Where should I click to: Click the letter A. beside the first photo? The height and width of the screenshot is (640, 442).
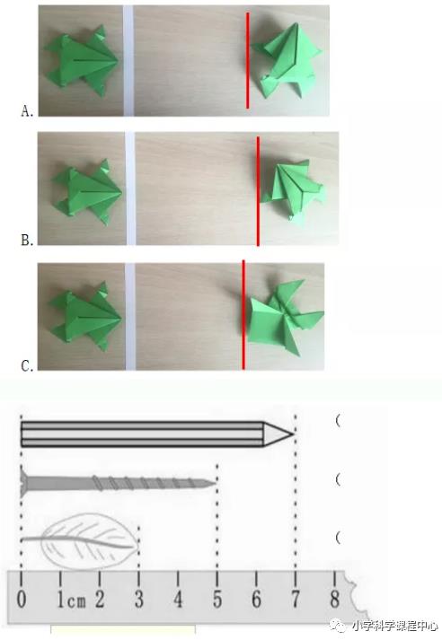(x=27, y=111)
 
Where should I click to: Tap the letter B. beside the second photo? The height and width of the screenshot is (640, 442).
(x=27, y=240)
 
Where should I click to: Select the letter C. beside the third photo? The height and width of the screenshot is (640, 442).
(x=27, y=365)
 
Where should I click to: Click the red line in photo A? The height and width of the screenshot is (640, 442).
(x=248, y=60)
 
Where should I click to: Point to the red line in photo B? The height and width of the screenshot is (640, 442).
(x=258, y=191)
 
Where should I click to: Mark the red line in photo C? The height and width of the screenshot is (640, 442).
(x=243, y=314)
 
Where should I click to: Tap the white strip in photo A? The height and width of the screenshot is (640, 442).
(x=128, y=60)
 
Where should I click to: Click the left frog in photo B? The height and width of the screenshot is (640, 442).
(x=86, y=192)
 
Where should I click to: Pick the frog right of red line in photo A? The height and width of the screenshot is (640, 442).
(x=287, y=60)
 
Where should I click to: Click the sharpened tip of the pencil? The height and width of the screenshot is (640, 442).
(x=293, y=434)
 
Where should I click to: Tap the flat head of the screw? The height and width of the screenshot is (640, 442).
(x=22, y=483)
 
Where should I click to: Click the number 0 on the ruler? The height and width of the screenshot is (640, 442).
(x=22, y=599)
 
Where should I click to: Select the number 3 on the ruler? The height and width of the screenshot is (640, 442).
(x=139, y=599)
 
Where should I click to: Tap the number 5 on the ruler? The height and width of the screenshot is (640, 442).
(x=217, y=599)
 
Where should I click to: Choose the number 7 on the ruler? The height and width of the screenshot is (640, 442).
(x=296, y=599)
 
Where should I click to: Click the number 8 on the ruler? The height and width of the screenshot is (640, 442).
(x=335, y=599)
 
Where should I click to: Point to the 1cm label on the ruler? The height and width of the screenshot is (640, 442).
(x=72, y=600)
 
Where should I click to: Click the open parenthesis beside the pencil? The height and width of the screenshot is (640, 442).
(x=338, y=421)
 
